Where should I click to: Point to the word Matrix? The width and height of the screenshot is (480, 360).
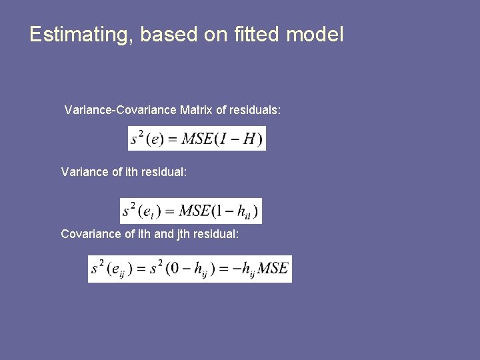[x=196, y=109]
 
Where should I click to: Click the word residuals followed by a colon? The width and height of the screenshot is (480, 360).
[x=255, y=109]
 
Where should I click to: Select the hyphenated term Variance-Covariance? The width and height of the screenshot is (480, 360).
[x=120, y=109]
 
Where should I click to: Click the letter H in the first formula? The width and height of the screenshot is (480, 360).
[x=249, y=139]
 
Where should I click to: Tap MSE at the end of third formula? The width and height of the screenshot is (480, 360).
[x=273, y=269]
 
